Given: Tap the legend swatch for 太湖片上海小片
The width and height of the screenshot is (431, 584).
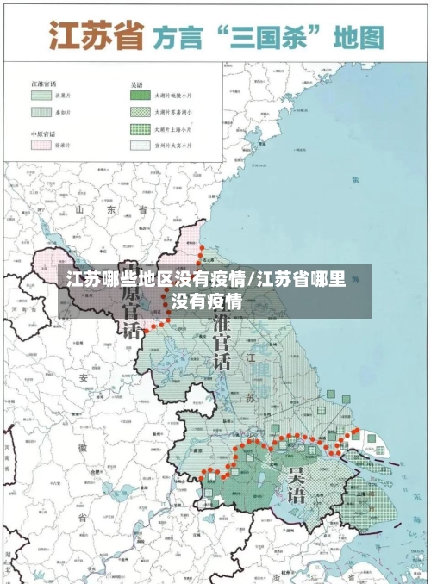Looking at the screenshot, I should pos(141,129).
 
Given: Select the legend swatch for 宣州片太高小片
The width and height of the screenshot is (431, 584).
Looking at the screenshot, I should pos(141,146).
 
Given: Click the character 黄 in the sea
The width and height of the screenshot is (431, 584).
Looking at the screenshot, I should pos(354,179).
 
